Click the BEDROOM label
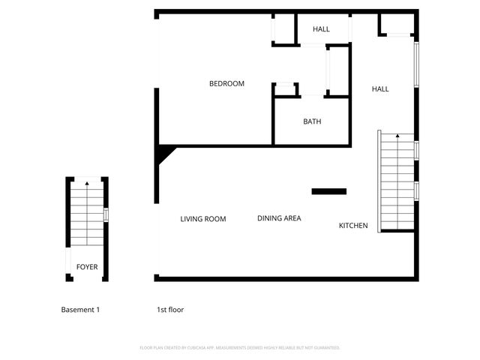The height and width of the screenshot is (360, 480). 226,84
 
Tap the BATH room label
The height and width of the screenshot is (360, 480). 312,121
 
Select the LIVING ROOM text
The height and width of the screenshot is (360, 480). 202,219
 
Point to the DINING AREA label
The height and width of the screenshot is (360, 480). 279,218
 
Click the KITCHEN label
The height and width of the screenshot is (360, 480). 353,225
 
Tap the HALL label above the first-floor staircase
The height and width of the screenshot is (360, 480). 380,89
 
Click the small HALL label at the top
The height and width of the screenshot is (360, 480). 321,29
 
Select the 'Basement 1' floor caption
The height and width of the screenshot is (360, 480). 80,310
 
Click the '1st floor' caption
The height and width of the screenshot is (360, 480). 170,310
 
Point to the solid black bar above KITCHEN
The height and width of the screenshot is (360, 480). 329,191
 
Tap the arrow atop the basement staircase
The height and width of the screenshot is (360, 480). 87,182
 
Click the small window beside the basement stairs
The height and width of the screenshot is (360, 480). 106,214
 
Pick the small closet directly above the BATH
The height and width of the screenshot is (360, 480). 285,89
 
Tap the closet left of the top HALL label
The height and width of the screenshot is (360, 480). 283,29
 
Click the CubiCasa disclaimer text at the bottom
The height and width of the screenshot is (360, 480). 240,348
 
